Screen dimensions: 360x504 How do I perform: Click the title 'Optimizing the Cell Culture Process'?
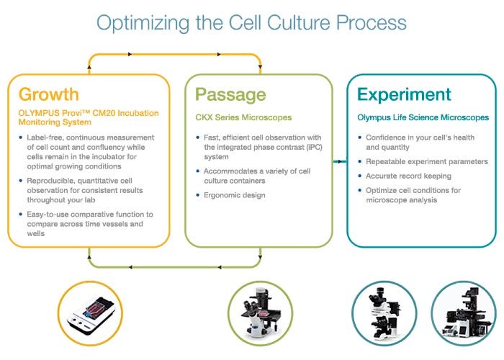pyautogui.click(x=251, y=22)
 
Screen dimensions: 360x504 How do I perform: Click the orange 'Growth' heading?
pyautogui.click(x=49, y=94)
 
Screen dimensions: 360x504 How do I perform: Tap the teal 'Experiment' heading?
pyautogui.click(x=404, y=94)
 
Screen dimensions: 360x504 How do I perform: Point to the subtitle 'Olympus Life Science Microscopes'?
pyautogui.click(x=423, y=117)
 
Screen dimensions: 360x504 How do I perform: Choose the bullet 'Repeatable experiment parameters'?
pyautogui.click(x=426, y=162)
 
